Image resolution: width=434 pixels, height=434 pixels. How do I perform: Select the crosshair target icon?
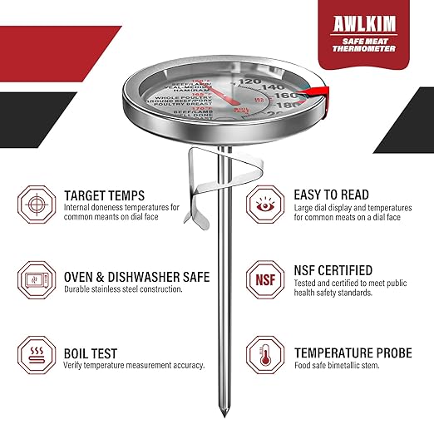click(34, 202)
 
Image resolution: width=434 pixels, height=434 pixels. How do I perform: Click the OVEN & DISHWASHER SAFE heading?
click(136, 276)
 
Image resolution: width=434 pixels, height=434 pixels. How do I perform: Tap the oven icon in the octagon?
click(34, 283)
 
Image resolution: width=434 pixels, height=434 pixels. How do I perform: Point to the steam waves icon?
click(34, 360)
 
